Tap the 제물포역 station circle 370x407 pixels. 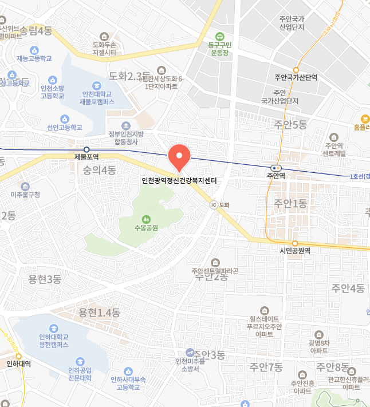coord(86,149)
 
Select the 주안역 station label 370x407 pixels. coord(275,176)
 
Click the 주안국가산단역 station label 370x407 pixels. coord(296,77)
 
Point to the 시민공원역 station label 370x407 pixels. coord(294,251)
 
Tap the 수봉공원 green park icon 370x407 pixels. coord(146,218)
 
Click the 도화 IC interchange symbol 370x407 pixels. coord(214,204)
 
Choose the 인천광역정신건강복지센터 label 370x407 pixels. coord(179,180)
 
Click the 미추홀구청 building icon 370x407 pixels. coord(25,187)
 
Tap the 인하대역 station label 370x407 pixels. coord(18,363)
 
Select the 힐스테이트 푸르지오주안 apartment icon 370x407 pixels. coord(263,310)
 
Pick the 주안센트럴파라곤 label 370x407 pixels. coord(215,271)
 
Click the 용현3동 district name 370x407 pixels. coord(45,279)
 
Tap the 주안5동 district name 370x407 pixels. coord(290,125)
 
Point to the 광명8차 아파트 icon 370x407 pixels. coord(318,334)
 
